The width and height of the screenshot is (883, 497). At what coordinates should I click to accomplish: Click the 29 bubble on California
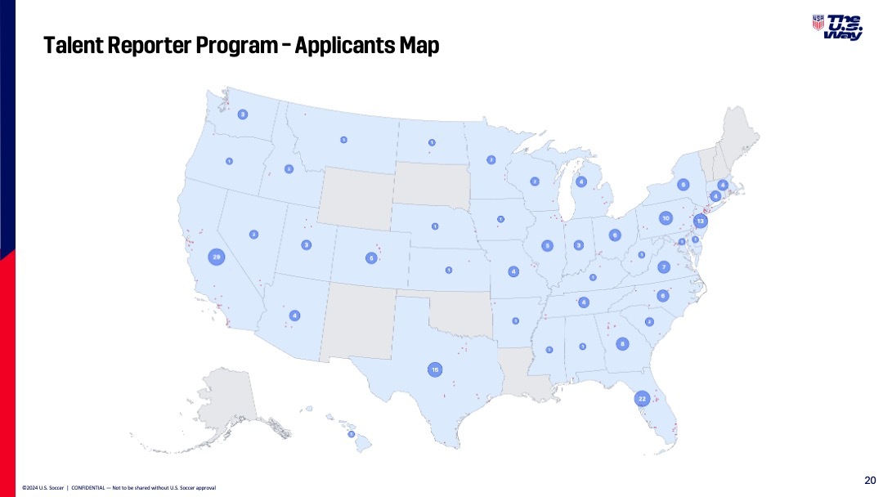click(x=217, y=257)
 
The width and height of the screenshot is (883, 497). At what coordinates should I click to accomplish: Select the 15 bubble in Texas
click(x=435, y=370)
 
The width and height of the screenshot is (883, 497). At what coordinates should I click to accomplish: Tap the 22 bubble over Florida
click(x=642, y=399)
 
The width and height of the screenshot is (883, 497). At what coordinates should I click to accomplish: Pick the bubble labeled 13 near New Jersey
click(x=700, y=222)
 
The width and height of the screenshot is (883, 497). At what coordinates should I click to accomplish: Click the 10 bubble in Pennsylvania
click(x=666, y=218)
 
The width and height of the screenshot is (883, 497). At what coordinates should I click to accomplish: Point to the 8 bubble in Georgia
click(x=622, y=344)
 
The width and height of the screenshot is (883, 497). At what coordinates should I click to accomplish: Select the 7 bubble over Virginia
click(x=664, y=266)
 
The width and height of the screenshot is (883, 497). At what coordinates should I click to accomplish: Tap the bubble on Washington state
click(x=242, y=115)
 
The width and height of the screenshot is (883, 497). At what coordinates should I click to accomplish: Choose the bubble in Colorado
click(x=371, y=258)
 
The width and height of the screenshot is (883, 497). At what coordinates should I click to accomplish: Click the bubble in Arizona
click(x=294, y=316)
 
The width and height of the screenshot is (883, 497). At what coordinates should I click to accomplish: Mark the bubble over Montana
click(x=343, y=140)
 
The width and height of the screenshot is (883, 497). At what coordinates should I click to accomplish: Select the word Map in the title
click(x=419, y=46)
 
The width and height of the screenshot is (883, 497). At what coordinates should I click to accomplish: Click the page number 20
click(x=870, y=479)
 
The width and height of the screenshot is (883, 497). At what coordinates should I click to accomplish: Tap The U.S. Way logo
click(x=838, y=27)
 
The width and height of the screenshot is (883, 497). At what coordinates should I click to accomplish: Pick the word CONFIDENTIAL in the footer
click(x=92, y=488)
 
